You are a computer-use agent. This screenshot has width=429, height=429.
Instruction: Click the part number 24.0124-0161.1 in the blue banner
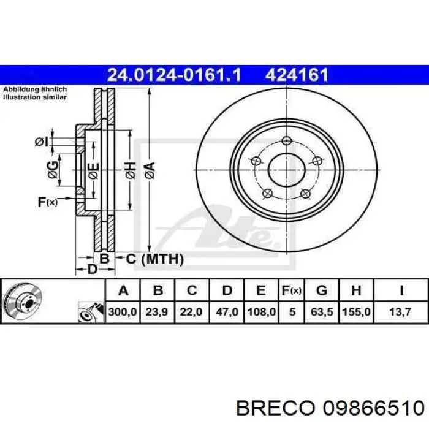174,75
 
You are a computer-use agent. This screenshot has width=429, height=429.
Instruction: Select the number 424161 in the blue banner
297,75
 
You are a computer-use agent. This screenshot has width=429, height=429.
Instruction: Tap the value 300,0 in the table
123,312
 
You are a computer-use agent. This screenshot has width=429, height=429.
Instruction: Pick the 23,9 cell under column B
156,312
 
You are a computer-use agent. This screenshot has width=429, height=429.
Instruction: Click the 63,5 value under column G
322,312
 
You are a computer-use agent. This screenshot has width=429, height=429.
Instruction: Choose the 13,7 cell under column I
400,312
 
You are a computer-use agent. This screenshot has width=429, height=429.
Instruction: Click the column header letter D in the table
227,290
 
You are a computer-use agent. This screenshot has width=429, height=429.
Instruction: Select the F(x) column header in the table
291,290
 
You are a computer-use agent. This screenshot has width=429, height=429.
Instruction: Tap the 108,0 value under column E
261,312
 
